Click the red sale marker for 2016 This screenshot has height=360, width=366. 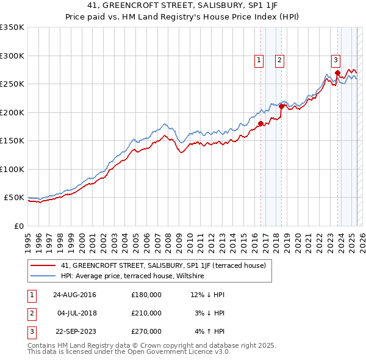[x=260, y=123]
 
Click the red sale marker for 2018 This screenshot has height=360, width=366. [x=281, y=106]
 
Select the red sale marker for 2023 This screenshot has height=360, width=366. [x=337, y=73]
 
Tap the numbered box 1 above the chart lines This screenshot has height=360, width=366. [x=259, y=60]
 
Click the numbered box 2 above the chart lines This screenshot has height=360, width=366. [x=279, y=60]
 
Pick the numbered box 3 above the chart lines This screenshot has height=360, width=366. [x=335, y=60]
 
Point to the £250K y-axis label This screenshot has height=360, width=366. [x=12, y=84]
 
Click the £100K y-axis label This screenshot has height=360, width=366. [x=12, y=169]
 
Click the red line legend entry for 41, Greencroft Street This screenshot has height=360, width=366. [x=163, y=265]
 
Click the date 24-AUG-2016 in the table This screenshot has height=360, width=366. [x=74, y=295]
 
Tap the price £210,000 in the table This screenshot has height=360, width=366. [x=146, y=313]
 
